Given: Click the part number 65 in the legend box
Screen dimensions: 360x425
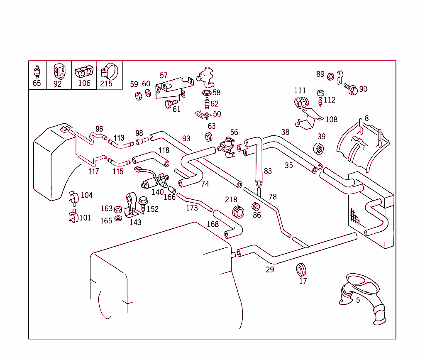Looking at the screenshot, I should click(37, 83).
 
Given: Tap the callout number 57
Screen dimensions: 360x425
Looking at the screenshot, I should click(164, 76).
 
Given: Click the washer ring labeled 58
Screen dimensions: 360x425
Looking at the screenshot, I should click(206, 92).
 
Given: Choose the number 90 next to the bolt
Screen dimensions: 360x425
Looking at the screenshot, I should click(363, 89).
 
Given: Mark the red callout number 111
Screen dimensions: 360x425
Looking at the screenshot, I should click(300, 91).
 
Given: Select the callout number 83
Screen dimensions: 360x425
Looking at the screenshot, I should click(268, 171).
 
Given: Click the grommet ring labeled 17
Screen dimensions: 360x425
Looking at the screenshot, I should click(301, 269).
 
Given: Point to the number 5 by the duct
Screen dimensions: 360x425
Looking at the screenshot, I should click(358, 300).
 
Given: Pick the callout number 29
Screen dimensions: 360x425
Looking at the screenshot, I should click(270, 270).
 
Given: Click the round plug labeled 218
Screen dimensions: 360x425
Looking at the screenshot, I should click(238, 211).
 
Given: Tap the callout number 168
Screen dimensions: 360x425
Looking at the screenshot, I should click(212, 225).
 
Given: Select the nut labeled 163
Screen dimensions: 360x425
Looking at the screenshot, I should click(117, 209).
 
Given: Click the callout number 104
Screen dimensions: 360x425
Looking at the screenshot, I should click(86, 195).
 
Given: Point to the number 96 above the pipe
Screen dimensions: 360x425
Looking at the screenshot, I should click(99, 129).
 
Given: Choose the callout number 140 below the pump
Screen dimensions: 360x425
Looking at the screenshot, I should click(158, 192).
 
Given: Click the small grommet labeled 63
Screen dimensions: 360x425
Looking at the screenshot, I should click(209, 137).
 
